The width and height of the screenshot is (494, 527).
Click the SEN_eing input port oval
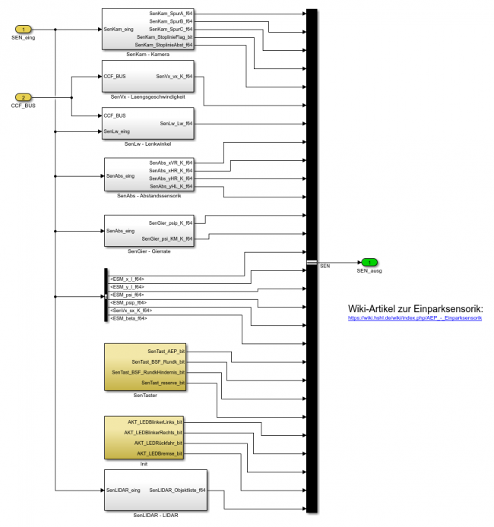pos(24,30)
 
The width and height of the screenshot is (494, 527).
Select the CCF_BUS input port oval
pos(24,97)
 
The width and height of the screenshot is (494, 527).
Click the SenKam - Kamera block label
pos(147,55)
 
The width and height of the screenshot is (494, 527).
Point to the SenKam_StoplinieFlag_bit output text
pos(164,36)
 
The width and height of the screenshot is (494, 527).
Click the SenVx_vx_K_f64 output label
pos(174,77)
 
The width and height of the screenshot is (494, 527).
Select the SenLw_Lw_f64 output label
pos(176,123)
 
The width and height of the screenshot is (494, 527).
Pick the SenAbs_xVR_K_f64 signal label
pos(171,163)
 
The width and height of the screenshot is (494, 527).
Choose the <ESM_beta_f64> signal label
pos(128,318)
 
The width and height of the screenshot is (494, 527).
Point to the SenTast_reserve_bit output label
pos(163,383)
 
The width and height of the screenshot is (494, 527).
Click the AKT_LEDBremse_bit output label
pos(159,453)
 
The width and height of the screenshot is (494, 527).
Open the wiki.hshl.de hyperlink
pos(415,318)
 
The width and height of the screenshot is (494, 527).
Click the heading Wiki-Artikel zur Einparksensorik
pos(415,308)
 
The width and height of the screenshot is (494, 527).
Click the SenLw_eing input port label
pos(117,131)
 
